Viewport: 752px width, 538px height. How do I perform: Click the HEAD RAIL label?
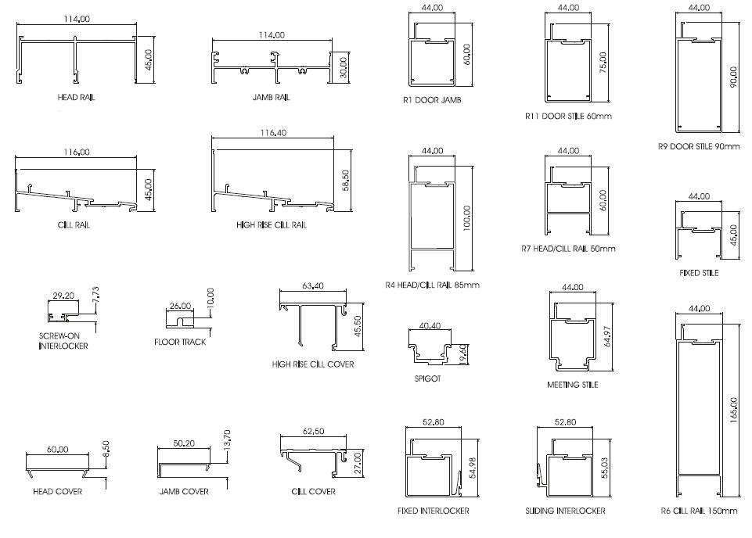(x=76, y=98)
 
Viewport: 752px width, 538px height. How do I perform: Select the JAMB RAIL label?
(x=271, y=98)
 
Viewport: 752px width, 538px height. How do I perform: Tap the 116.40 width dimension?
(x=273, y=133)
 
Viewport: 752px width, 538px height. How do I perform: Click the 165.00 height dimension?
(x=733, y=411)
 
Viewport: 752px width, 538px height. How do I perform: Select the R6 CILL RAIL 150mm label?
(x=699, y=511)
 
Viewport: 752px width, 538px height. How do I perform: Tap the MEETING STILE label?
(x=573, y=385)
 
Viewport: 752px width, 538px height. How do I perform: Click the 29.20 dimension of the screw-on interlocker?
(x=63, y=297)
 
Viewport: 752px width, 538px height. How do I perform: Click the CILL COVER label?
(x=313, y=491)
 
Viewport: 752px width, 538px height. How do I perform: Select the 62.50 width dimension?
(x=313, y=432)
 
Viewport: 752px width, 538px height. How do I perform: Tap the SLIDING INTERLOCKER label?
(x=565, y=511)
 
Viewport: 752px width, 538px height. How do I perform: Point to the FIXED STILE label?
(x=699, y=273)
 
